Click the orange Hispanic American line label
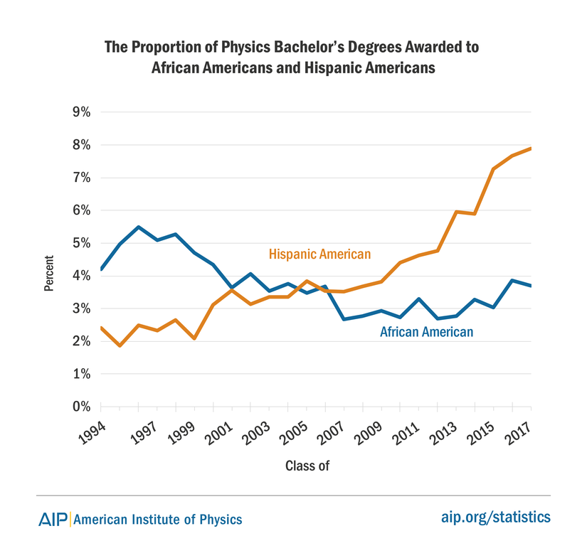pyautogui.click(x=320, y=254)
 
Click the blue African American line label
pyautogui.click(x=426, y=331)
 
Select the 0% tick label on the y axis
pyautogui.click(x=80, y=407)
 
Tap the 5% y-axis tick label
pyautogui.click(x=80, y=243)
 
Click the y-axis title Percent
pyautogui.click(x=49, y=274)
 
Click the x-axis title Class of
pyautogui.click(x=307, y=466)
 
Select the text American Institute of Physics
pyautogui.click(x=158, y=520)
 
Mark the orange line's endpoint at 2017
pyautogui.click(x=531, y=149)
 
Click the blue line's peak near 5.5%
pyautogui.click(x=138, y=227)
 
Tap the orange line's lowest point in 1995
pyautogui.click(x=120, y=346)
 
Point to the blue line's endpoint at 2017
pyautogui.click(x=531, y=286)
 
